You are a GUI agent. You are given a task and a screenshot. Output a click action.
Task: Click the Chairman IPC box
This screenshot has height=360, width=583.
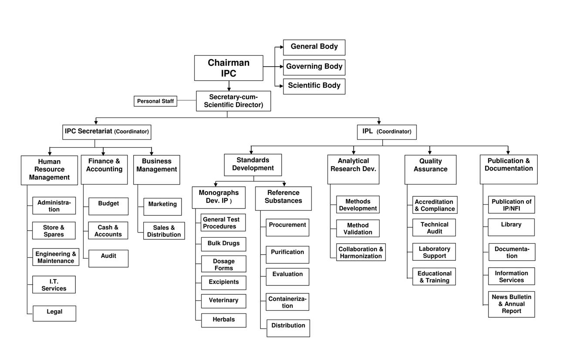(x=229, y=68)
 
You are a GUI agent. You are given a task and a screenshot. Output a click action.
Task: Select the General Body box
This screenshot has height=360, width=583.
(x=314, y=47)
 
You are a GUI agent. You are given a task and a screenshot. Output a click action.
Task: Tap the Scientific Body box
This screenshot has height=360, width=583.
(x=314, y=86)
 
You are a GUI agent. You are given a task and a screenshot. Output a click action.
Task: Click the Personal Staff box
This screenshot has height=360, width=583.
(x=155, y=101)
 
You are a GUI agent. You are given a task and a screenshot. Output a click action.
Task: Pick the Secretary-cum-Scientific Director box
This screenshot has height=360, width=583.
(x=233, y=101)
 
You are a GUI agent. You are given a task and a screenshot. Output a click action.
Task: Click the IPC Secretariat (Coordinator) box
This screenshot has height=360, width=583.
(x=107, y=131)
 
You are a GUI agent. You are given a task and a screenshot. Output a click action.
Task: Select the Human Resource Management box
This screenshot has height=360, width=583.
(x=49, y=170)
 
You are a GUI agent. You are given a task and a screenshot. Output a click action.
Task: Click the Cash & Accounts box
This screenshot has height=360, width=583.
(x=108, y=231)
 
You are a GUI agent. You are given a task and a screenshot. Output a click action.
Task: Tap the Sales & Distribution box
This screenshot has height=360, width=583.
(x=164, y=231)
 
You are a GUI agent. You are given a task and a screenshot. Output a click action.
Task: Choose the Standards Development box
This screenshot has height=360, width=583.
(x=253, y=165)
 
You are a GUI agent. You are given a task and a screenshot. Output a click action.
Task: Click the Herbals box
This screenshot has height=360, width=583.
(x=224, y=320)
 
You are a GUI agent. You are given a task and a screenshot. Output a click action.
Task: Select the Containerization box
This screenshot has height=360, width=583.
(x=287, y=302)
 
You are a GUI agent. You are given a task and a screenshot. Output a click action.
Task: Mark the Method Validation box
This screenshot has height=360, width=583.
(x=358, y=229)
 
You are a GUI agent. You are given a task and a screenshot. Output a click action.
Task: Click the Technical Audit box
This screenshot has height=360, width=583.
(x=434, y=228)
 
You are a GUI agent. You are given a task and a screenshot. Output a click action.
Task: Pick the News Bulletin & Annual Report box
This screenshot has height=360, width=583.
(x=511, y=304)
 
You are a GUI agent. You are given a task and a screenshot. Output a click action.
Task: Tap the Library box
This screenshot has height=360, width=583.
(x=511, y=227)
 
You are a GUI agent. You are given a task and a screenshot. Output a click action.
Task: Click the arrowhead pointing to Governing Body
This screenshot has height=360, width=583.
(x=281, y=67)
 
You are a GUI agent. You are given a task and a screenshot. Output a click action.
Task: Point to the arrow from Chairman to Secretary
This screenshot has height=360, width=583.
(x=229, y=86)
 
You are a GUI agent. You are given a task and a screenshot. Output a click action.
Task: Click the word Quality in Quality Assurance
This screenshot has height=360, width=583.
(x=431, y=161)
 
